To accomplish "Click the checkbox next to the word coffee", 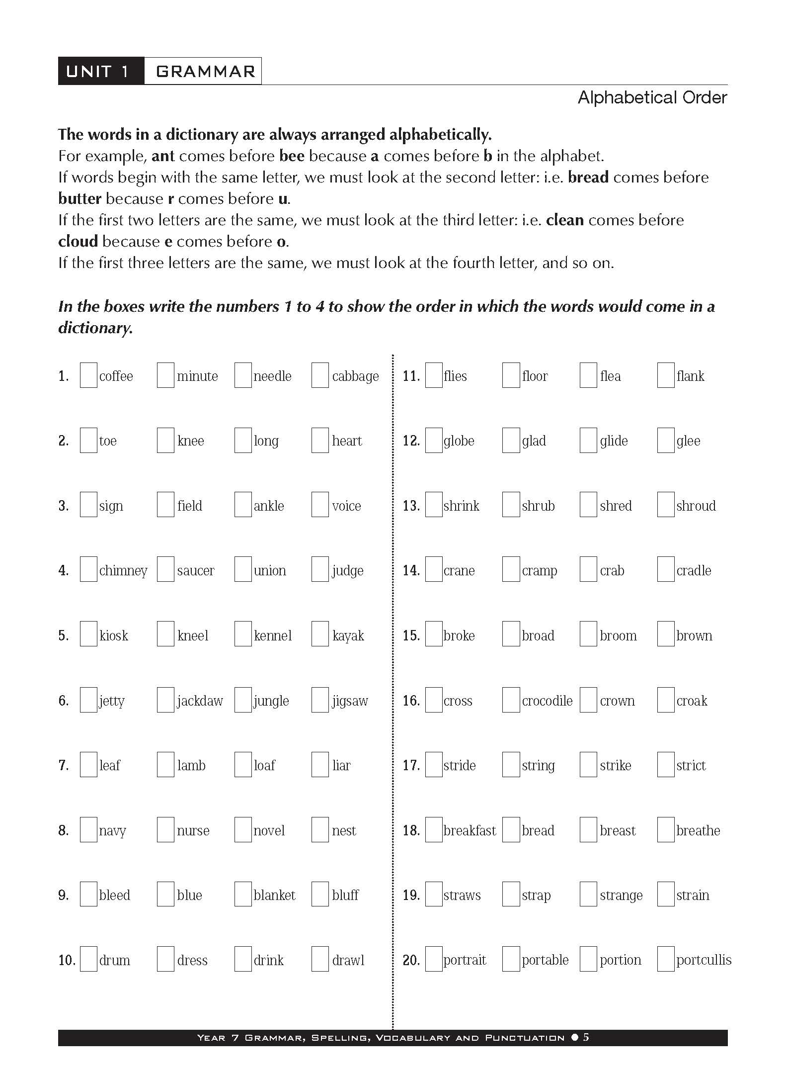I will pos(88,375).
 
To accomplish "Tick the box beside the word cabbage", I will pos(320,375).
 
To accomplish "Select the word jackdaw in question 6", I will pos(200,701).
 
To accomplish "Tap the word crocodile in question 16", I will pos(547,701).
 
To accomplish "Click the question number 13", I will pos(411,506).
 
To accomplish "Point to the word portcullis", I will pos(704,960).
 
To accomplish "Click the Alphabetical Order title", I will pos(652,97).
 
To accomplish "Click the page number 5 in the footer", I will pos(586,1037).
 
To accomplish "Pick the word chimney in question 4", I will pos(123,571).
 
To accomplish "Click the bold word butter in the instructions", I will pos(79,199).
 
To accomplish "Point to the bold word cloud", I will pos(78,242).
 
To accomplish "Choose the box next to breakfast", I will pos(434,830).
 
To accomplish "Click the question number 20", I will pos(411,960).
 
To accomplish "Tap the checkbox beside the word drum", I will pos(88,959).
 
